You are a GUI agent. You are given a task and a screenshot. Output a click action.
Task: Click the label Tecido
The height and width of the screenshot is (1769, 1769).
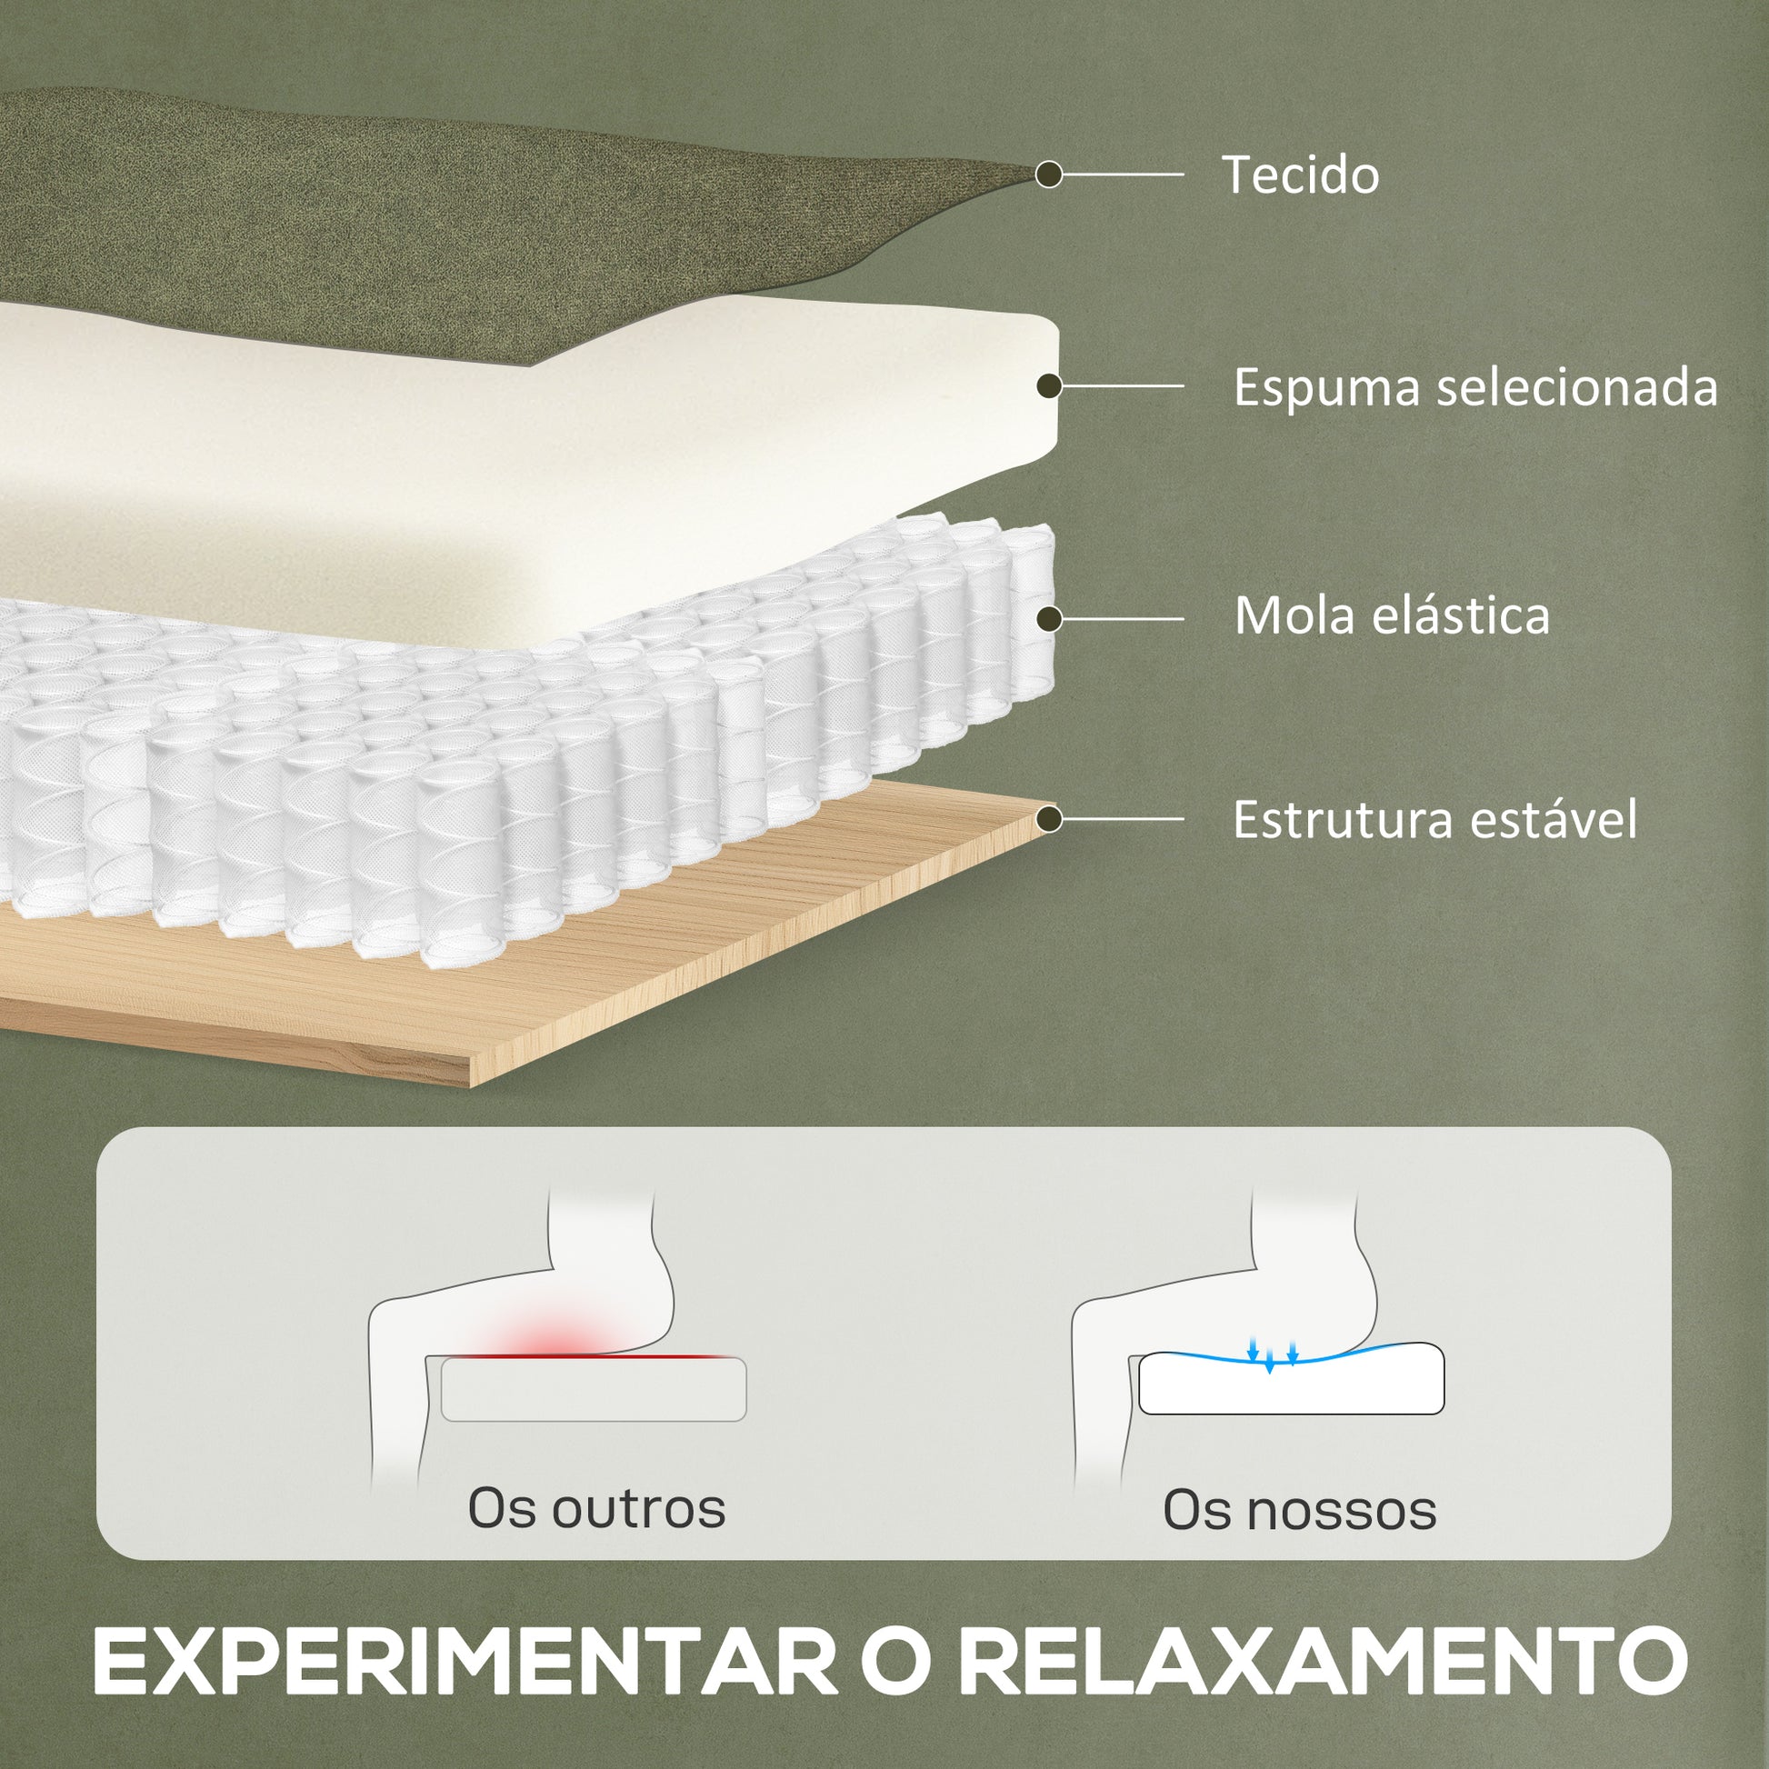coord(1300,175)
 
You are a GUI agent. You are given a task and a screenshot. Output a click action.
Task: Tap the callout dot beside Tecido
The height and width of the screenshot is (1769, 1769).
coord(1049,174)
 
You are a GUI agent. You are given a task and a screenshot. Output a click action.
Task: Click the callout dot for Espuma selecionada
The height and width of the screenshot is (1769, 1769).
coord(1049,386)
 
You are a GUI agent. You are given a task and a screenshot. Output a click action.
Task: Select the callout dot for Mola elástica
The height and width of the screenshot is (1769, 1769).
coord(1049,620)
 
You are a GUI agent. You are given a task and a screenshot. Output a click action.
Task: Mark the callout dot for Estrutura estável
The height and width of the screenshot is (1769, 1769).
coord(1049,819)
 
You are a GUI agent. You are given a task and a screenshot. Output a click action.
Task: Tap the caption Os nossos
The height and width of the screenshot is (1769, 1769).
coord(1299,1510)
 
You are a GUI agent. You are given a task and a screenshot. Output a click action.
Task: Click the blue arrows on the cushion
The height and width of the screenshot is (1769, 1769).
coord(1272,1355)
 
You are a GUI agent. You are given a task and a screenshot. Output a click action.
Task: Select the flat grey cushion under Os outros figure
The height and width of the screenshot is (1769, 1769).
coord(594,1389)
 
